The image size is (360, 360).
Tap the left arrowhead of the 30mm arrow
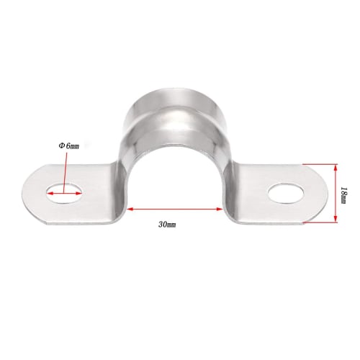tap(130, 210)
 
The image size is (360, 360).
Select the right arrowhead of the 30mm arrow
tap(219, 210)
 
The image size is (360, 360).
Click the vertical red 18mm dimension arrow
tap(336, 193)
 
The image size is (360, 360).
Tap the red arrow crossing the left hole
tap(65, 192)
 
